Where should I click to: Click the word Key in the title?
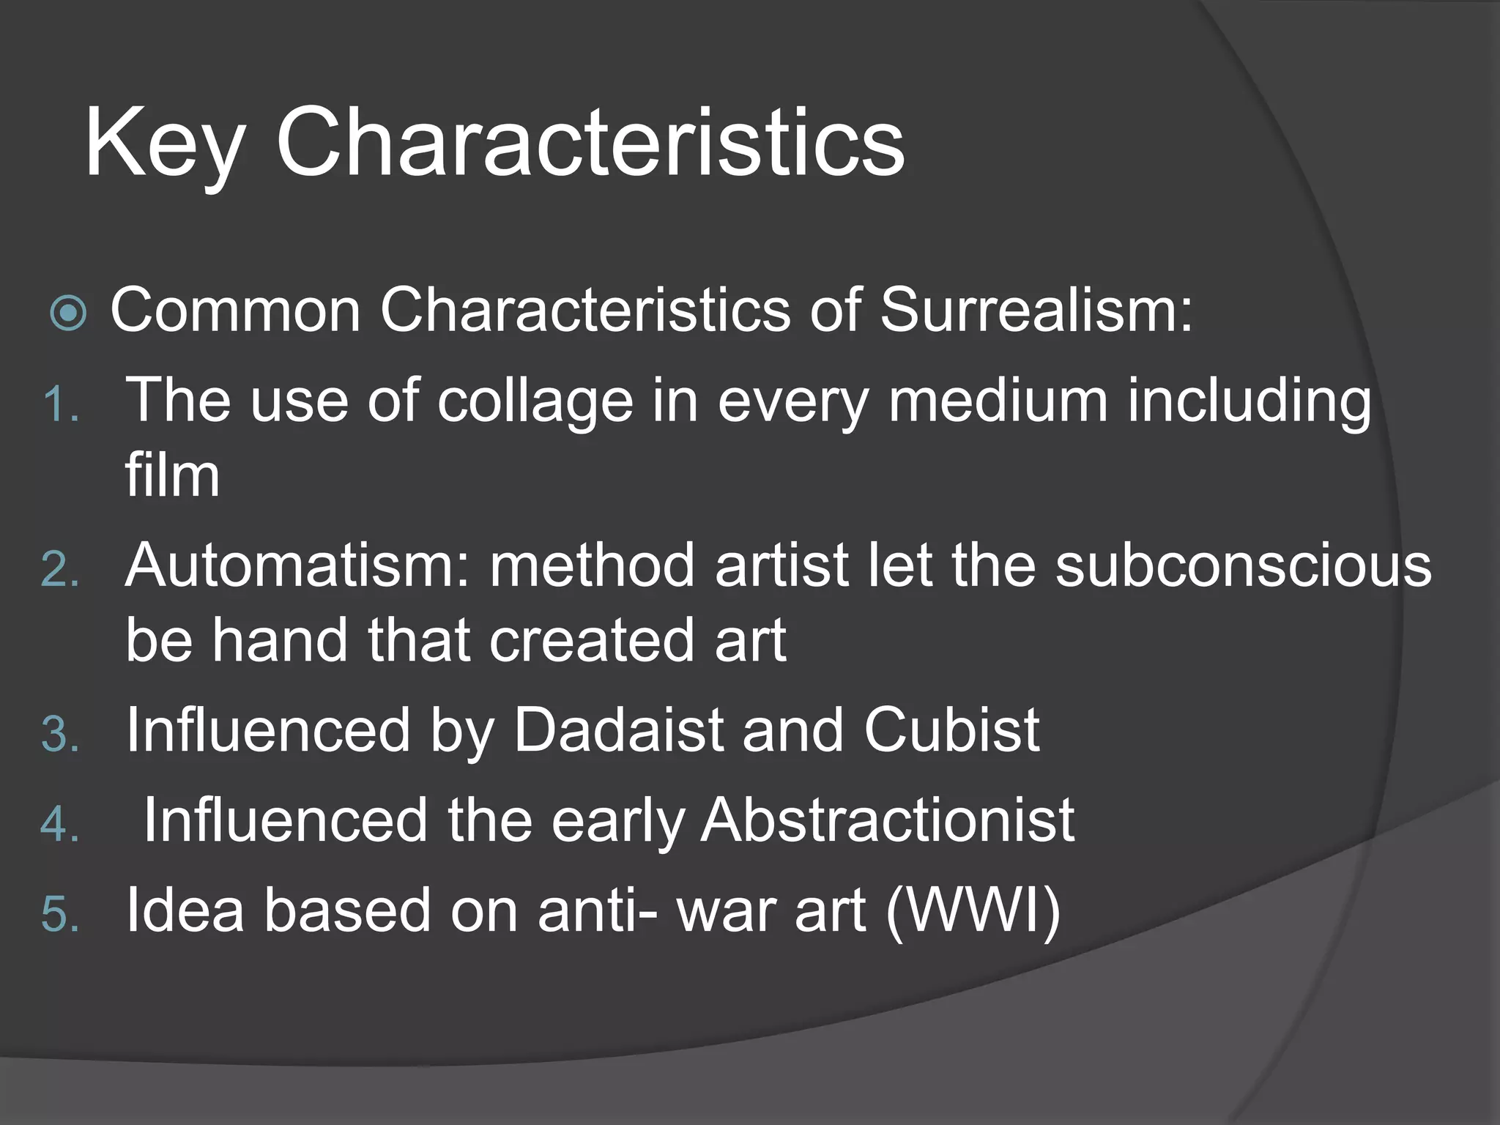click(x=163, y=144)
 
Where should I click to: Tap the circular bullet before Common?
click(x=69, y=313)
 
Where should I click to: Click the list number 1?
click(x=60, y=404)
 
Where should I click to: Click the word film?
click(x=172, y=476)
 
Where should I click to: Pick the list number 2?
click(x=60, y=570)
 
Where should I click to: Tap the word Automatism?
click(x=297, y=565)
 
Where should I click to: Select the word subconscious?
click(x=1243, y=565)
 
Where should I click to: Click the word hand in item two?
click(x=280, y=640)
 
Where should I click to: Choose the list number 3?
click(x=60, y=734)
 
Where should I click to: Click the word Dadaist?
click(x=619, y=730)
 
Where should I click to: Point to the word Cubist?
click(x=951, y=730)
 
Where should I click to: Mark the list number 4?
click(x=60, y=825)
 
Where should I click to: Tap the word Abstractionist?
click(x=887, y=820)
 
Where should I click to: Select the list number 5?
click(x=60, y=916)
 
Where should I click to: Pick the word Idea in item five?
click(x=185, y=910)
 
